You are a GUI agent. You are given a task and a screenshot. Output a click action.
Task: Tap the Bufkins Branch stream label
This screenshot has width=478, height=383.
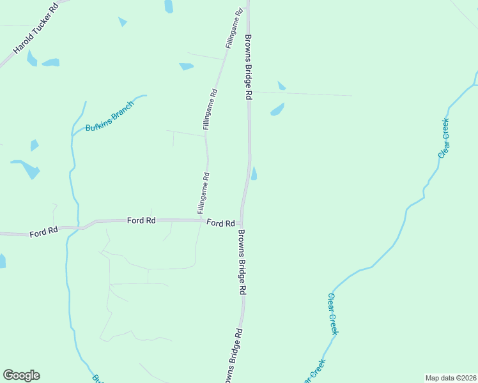110,116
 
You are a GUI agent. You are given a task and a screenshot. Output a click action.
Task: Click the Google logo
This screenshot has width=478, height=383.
21,375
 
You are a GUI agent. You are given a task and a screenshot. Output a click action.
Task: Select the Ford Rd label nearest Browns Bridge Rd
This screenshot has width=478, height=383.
220,223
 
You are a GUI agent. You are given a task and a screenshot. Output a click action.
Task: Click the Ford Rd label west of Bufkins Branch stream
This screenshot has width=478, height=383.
43,232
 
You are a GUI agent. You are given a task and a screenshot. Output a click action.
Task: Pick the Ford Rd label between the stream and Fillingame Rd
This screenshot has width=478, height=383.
141,220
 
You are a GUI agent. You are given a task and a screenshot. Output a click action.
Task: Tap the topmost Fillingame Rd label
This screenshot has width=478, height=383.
234,29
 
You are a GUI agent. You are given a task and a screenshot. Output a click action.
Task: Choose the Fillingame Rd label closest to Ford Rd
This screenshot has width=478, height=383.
200,193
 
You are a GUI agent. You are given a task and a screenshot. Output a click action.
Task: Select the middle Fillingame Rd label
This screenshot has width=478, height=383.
210,109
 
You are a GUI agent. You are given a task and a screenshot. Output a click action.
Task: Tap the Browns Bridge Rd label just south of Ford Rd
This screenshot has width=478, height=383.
242,262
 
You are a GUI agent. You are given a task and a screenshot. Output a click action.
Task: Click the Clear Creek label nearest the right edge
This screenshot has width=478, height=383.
443,138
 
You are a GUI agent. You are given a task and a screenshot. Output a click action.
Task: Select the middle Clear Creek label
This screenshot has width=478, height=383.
333,314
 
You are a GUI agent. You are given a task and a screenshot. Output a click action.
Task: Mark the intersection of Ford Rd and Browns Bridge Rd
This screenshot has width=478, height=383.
241,222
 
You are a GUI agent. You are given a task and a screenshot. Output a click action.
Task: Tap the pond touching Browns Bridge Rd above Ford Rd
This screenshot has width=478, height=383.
254,173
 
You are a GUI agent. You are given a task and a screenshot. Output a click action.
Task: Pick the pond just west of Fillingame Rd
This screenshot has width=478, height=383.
186,66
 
